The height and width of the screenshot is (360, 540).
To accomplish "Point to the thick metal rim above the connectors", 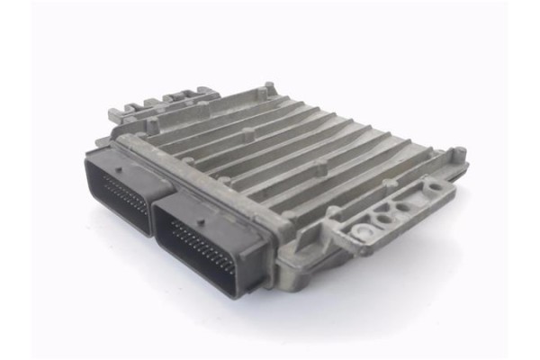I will click(x=207, y=175).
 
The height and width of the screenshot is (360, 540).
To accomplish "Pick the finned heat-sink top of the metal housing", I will click(x=288, y=153).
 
